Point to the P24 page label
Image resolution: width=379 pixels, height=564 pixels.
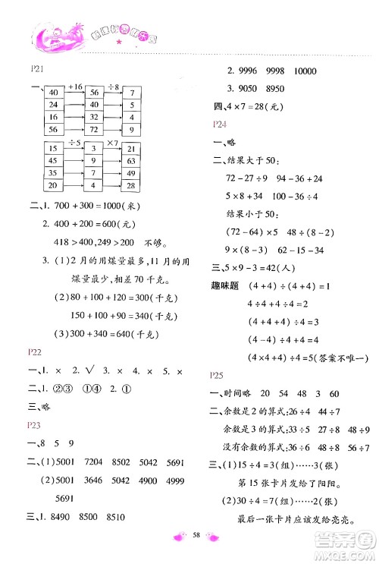pyautogui.click(x=220, y=123)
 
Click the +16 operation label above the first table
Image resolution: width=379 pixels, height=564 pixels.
pyautogui.click(x=74, y=87)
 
